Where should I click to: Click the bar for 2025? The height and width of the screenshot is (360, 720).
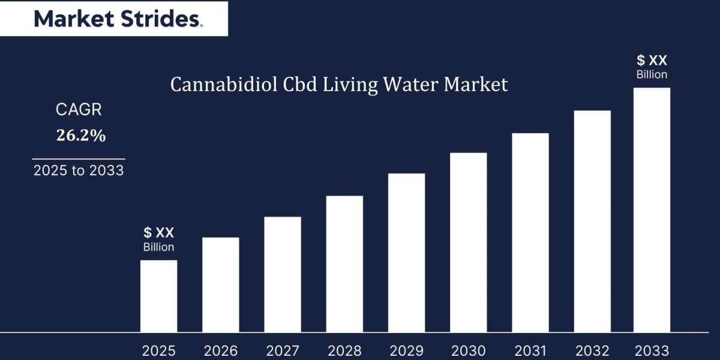tap(158, 296)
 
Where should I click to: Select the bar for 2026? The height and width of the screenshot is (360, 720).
tap(220, 284)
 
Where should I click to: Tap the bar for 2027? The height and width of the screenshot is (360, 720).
tap(282, 274)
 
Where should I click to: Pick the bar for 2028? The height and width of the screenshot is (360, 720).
tap(344, 264)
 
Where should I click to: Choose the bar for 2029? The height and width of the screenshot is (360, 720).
tap(406, 253)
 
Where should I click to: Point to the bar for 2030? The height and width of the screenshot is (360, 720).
tap(468, 242)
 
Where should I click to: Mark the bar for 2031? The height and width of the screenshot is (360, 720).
tap(530, 232)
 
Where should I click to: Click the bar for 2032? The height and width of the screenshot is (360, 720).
tap(592, 221)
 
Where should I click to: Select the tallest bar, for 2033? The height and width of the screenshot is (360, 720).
tap(652, 210)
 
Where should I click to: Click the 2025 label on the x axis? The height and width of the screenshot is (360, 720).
tap(158, 351)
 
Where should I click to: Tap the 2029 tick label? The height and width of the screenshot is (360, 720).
tap(406, 351)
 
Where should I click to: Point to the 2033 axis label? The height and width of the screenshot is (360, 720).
tap(652, 351)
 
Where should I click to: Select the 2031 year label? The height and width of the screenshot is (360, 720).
tap(530, 351)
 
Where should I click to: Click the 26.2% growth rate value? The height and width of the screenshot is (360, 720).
tap(81, 136)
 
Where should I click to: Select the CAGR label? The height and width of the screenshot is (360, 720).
tap(79, 110)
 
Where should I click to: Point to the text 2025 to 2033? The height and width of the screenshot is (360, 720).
tap(79, 170)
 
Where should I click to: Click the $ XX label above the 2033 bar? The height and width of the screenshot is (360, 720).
tap(652, 60)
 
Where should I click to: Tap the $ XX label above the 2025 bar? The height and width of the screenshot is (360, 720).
tap(158, 233)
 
